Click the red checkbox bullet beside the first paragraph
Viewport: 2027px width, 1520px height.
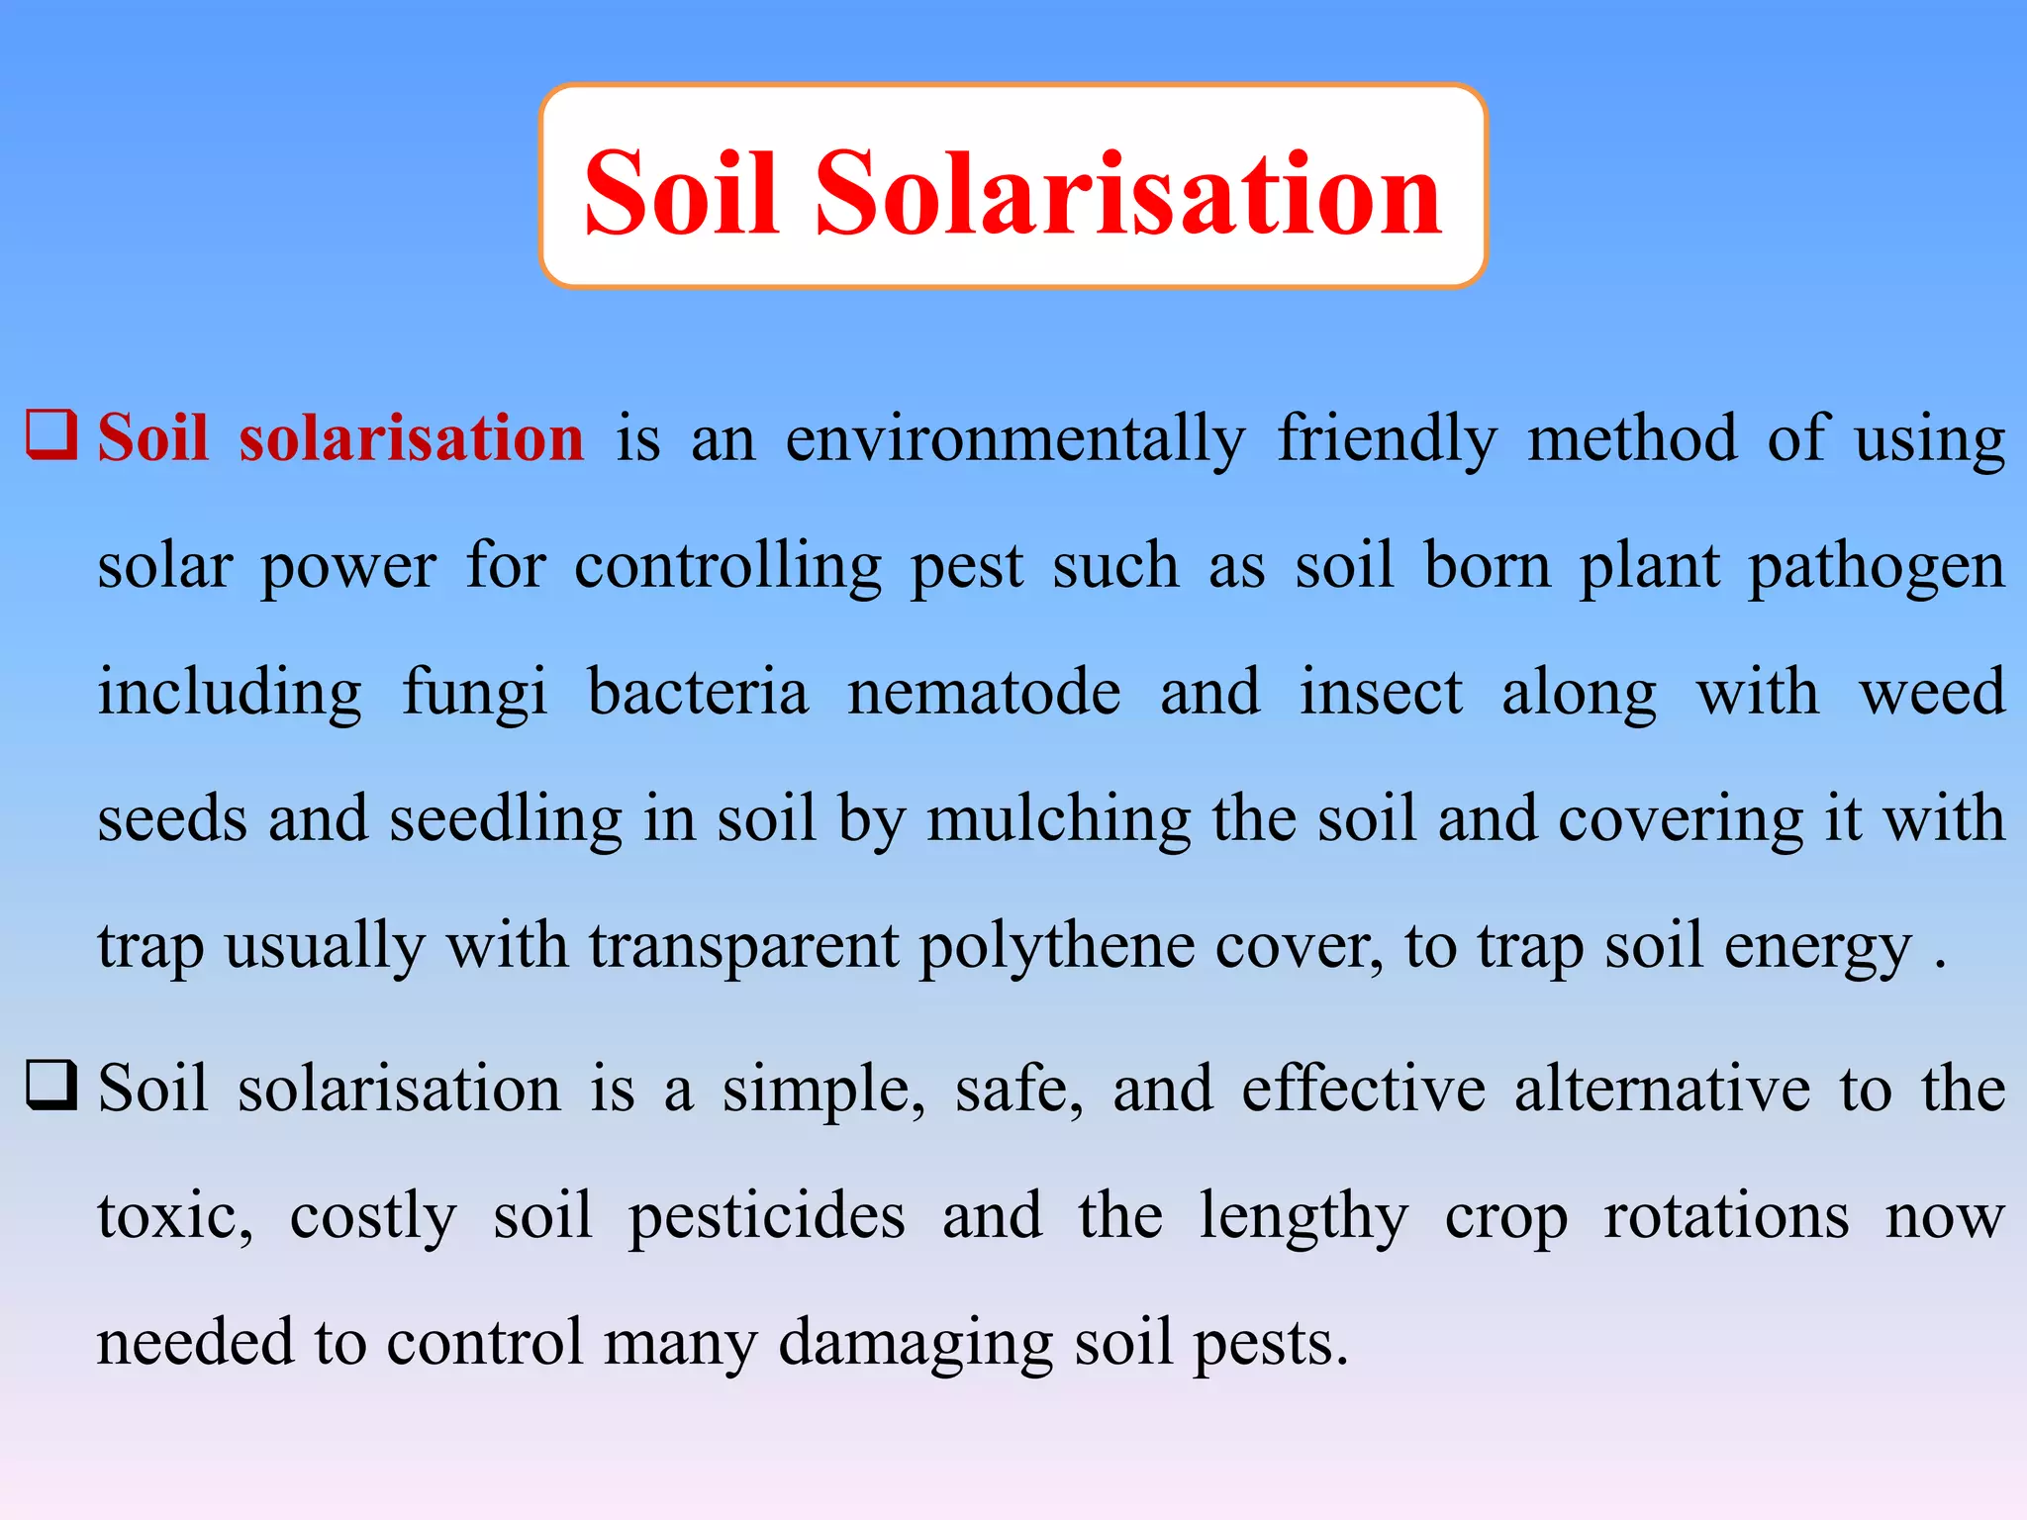click(x=51, y=435)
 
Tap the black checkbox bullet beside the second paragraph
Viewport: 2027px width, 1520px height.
click(x=51, y=1085)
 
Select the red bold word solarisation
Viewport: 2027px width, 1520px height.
click(x=412, y=437)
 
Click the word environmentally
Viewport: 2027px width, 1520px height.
click(x=1015, y=439)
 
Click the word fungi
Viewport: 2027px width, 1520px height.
click(x=474, y=693)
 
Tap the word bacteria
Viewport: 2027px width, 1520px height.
click(x=698, y=693)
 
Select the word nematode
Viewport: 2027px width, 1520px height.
click(x=984, y=693)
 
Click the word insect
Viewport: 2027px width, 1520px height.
click(x=1381, y=693)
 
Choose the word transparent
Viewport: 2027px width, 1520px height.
click(x=743, y=947)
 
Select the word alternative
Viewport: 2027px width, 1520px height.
click(x=1662, y=1090)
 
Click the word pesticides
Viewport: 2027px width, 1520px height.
click(x=766, y=1216)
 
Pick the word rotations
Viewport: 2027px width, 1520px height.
click(x=1726, y=1216)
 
